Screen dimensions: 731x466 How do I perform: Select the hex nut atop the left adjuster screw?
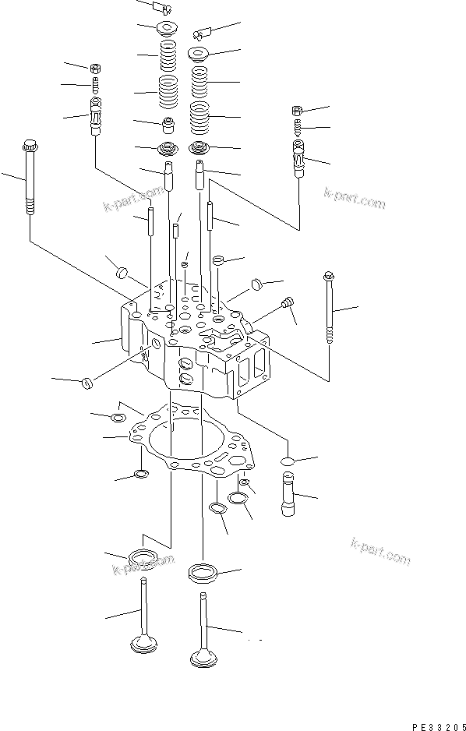click(95, 68)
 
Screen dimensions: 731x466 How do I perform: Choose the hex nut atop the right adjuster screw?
click(297, 109)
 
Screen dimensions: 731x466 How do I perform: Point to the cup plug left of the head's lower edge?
click(87, 383)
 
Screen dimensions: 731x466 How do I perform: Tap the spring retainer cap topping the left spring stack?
click(166, 30)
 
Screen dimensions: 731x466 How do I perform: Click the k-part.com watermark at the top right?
click(355, 201)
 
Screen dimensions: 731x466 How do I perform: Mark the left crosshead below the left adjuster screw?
click(97, 117)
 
